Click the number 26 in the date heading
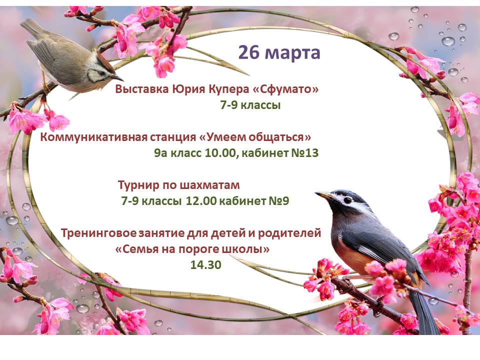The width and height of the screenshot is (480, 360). [249, 52]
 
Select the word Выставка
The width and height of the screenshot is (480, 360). [142, 89]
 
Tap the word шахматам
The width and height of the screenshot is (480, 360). [209, 185]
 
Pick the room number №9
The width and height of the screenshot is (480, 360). [279, 201]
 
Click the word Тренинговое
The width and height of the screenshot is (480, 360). [98, 233]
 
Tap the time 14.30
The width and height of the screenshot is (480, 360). [205, 265]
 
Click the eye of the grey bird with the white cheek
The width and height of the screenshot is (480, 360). [347, 200]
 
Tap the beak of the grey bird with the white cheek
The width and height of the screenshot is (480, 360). [324, 195]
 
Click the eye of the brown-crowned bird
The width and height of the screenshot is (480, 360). [101, 73]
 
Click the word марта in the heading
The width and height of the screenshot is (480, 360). [292, 54]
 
